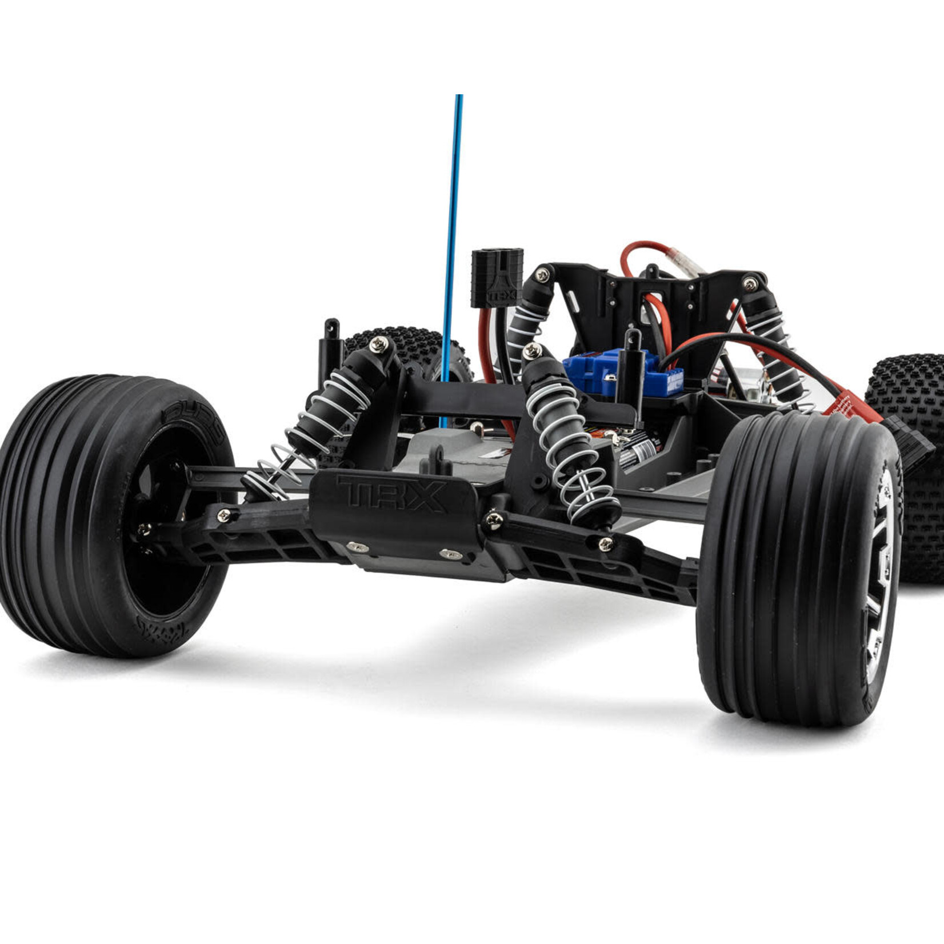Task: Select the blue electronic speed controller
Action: pyautogui.click(x=623, y=374)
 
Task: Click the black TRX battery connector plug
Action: pyautogui.click(x=497, y=277)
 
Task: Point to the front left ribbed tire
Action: pyautogui.click(x=86, y=514)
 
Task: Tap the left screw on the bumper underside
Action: pyautogui.click(x=358, y=547)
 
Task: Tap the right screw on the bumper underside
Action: pyautogui.click(x=451, y=554)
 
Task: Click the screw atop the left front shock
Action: pyautogui.click(x=379, y=344)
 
